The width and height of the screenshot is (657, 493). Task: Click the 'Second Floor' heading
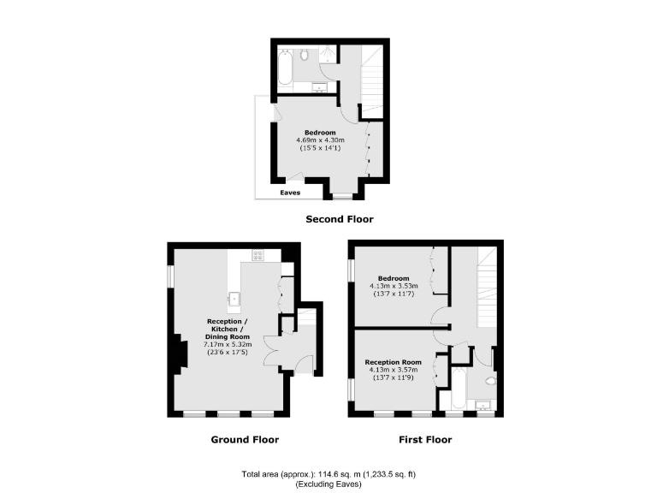click(x=340, y=219)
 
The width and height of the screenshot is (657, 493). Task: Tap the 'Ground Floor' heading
click(x=245, y=440)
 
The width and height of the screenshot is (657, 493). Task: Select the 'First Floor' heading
click(x=425, y=440)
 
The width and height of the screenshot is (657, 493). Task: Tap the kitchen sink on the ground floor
click(x=233, y=299)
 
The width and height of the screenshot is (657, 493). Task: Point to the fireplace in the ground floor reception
click(x=180, y=352)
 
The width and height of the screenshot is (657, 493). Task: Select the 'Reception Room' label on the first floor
click(x=394, y=362)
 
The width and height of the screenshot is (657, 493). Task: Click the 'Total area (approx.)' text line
click(x=328, y=474)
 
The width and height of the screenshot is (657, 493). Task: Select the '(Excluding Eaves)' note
click(x=328, y=484)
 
